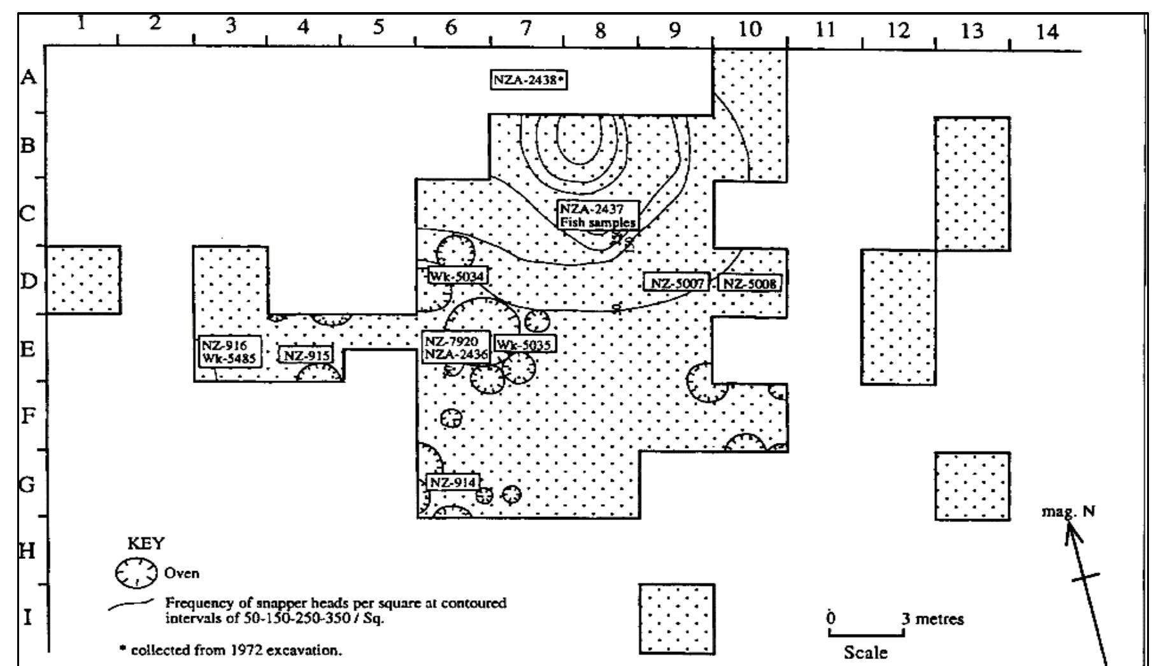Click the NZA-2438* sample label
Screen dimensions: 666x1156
tap(529, 80)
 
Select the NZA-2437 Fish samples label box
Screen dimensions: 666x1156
tap(597, 216)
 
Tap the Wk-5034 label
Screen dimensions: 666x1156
tap(457, 277)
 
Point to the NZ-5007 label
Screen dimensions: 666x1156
tap(676, 284)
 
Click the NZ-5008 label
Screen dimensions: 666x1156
tap(750, 284)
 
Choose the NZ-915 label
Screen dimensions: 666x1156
tap(307, 355)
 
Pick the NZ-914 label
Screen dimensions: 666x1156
tap(453, 482)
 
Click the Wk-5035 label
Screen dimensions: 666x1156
tap(525, 345)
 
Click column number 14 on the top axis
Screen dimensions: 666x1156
tap(1048, 31)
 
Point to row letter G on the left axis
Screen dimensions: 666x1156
tap(27, 484)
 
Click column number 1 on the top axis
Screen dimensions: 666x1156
tap(81, 24)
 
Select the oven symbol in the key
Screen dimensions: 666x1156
tap(136, 572)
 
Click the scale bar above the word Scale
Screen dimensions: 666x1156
tap(866, 633)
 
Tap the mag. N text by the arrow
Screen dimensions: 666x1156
tap(1068, 511)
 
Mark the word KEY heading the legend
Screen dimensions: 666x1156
tap(146, 544)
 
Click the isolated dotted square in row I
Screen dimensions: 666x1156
tap(677, 619)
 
